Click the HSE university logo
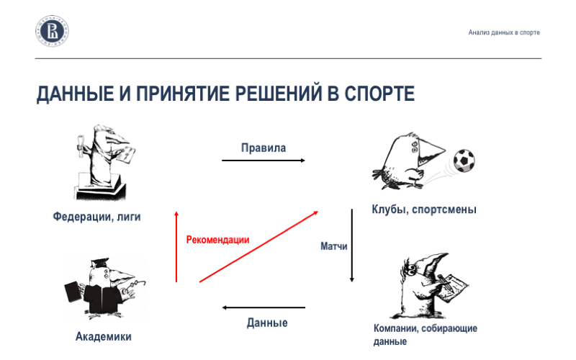(x=53, y=32)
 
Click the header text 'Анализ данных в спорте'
(x=503, y=32)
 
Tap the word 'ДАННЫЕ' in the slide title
(x=71, y=94)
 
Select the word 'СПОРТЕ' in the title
(x=379, y=94)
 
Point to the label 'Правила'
(x=264, y=148)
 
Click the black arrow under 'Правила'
(x=264, y=160)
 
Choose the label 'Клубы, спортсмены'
(x=424, y=210)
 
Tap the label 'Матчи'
(x=334, y=246)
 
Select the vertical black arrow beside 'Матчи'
(x=352, y=246)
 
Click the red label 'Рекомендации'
(x=217, y=240)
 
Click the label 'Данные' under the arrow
(x=267, y=323)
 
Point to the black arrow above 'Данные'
(x=264, y=308)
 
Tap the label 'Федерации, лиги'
(x=96, y=216)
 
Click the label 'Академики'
(x=104, y=336)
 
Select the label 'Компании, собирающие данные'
(x=425, y=335)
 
